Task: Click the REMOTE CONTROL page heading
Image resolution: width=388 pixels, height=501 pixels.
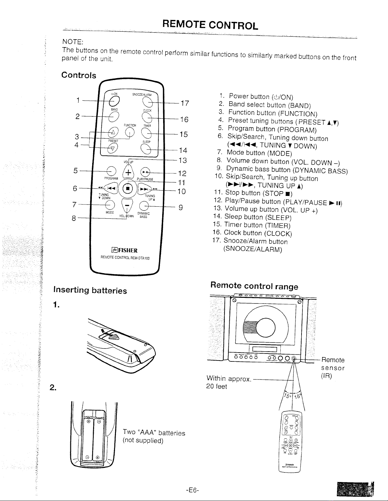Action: (x=210, y=24)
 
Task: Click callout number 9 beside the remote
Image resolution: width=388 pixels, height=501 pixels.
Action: (x=181, y=208)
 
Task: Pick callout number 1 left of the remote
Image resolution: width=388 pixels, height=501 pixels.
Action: (x=78, y=100)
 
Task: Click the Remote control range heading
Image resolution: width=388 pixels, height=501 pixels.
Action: (x=254, y=286)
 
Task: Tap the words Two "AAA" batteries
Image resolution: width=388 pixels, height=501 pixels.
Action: (x=154, y=433)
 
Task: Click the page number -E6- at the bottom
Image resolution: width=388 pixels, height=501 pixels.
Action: (x=192, y=491)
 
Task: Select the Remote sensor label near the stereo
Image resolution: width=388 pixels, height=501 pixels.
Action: (x=333, y=360)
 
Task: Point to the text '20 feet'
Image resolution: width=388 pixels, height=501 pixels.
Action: (x=216, y=386)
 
